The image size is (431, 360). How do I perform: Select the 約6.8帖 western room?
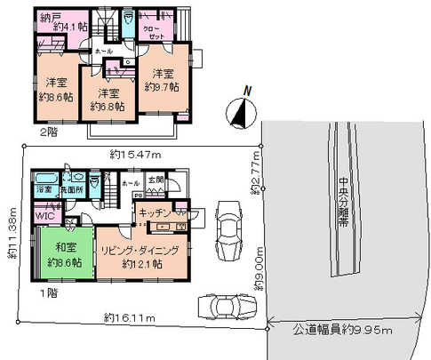pos(108,99)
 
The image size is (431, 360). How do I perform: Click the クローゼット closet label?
pos(159,31)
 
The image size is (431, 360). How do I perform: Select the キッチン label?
pos(153,214)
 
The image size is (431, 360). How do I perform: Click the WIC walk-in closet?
pos(44,214)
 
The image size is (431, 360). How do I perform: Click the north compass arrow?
pos(238,111)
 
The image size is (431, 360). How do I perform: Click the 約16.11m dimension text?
pos(130,316)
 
